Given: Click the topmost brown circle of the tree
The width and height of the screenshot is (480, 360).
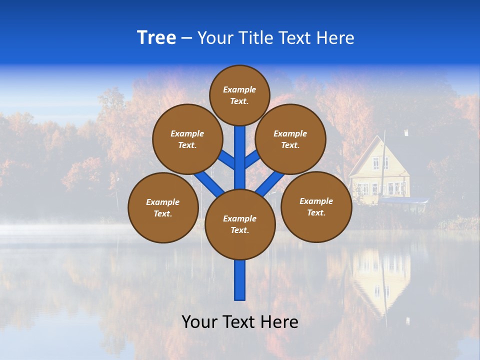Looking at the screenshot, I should click(x=239, y=95).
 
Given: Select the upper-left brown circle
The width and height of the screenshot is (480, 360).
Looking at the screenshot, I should click(x=187, y=139).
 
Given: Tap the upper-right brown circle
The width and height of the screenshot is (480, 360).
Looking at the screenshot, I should click(x=290, y=139).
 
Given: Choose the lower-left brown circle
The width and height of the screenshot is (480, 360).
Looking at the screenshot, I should click(x=163, y=207).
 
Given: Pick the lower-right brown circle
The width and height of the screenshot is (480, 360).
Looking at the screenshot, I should click(x=316, y=206).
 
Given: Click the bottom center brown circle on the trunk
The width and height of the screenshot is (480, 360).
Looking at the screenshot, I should click(x=240, y=224).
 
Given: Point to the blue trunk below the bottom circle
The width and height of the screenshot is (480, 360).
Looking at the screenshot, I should click(x=240, y=280).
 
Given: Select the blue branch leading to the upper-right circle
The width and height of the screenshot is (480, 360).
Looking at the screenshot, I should click(x=252, y=159).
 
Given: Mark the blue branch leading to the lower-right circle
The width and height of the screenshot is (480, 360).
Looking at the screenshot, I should click(x=269, y=184).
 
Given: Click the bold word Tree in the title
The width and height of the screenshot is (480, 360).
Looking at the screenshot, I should click(x=156, y=37).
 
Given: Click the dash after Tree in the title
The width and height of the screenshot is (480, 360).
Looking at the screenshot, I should click(x=186, y=38).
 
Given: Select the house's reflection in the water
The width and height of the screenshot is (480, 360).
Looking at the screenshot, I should click(x=381, y=277).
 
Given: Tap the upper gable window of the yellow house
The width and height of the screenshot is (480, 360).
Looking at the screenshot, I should click(x=380, y=162).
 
